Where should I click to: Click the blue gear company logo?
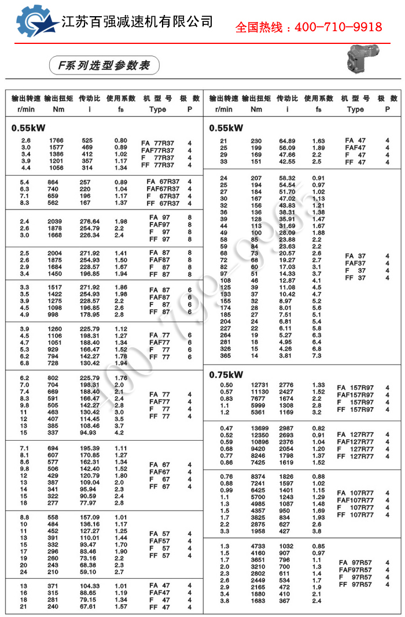click(36, 23)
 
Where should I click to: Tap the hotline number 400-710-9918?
click(308, 27)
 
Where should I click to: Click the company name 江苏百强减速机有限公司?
click(137, 22)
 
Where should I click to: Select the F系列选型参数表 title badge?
click(104, 65)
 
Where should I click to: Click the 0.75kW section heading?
click(226, 374)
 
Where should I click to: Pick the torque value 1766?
click(56, 140)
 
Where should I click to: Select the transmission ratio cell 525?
click(87, 140)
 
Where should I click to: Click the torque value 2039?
click(56, 221)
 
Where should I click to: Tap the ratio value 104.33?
click(89, 586)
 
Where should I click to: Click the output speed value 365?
click(224, 356)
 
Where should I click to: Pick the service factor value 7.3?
click(317, 356)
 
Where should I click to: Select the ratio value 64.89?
click(287, 141)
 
